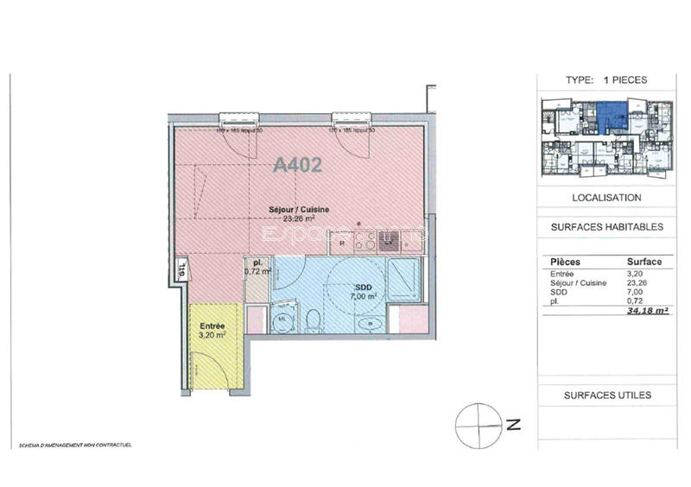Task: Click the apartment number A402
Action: pyautogui.click(x=297, y=165)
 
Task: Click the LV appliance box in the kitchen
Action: pyautogui.click(x=390, y=242)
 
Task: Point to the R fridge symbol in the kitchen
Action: pyautogui.click(x=342, y=243)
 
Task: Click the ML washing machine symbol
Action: pyautogui.click(x=281, y=322)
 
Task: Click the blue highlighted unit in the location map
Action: pyautogui.click(x=611, y=114)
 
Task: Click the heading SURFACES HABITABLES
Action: pyautogui.click(x=606, y=228)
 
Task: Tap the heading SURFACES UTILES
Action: pyautogui.click(x=606, y=395)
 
